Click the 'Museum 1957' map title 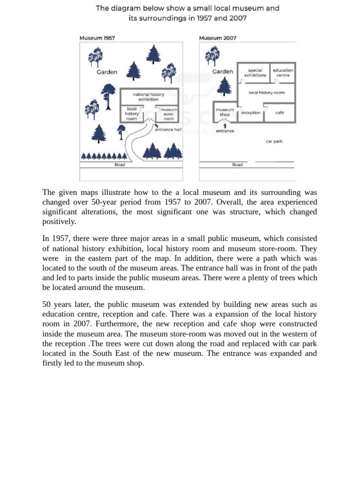click(97, 38)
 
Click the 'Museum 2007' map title click(217, 38)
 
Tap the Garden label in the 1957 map click(107, 72)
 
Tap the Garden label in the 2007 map click(223, 72)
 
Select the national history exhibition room click(149, 97)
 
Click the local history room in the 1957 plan click(132, 114)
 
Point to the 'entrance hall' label click(168, 130)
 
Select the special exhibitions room click(255, 73)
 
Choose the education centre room click(283, 73)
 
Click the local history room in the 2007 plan click(266, 93)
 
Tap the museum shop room click(225, 112)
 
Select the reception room click(251, 113)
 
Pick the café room click(279, 113)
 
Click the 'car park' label click(274, 141)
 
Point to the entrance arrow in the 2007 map click(225, 126)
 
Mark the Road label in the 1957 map click(120, 165)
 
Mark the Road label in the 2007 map click(238, 165)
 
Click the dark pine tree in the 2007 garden click(225, 86)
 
